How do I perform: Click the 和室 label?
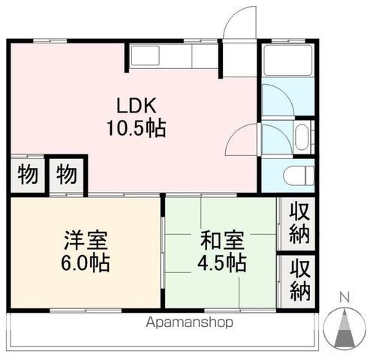pos(221,241)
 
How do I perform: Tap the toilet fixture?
pos(298,177)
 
